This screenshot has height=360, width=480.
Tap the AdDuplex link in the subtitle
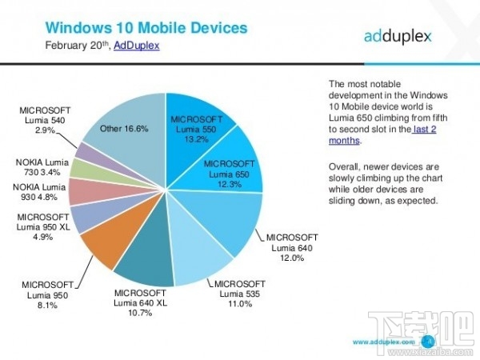pyautogui.click(x=136, y=46)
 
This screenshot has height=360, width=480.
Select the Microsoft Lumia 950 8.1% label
pyautogui.click(x=47, y=294)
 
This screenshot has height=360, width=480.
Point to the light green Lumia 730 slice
pyautogui.click(x=84, y=168)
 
